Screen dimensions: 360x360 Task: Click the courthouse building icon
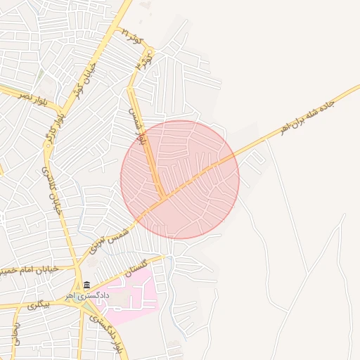86,285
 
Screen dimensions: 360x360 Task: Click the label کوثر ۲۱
132,37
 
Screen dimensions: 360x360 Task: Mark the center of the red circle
180,179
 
